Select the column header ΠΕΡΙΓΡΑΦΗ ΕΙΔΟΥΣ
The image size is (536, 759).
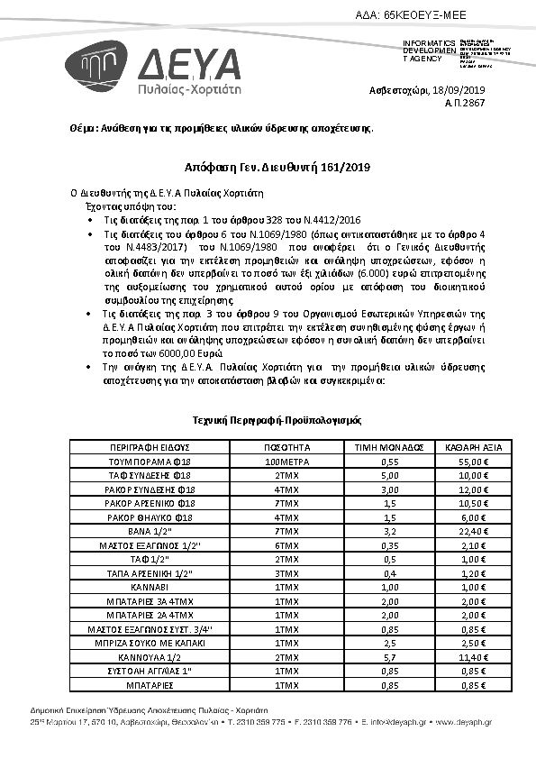click(x=149, y=447)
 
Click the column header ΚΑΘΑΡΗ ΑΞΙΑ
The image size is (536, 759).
click(x=473, y=447)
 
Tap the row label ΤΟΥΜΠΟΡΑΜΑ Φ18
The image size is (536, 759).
click(x=149, y=461)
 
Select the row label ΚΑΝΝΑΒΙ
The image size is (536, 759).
click(x=149, y=587)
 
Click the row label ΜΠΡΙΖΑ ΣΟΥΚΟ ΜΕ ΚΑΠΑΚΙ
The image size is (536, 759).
click(x=149, y=643)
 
